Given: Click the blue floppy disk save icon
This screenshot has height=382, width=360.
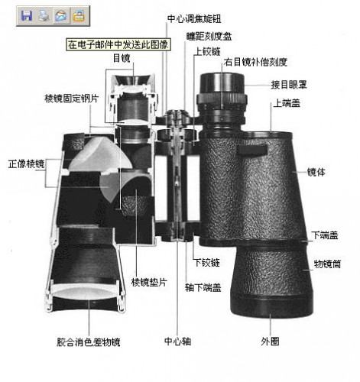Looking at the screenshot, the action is click(x=27, y=15).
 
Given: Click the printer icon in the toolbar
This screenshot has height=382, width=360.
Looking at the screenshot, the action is click(x=44, y=15).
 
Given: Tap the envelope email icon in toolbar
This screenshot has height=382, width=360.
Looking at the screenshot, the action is click(x=61, y=15).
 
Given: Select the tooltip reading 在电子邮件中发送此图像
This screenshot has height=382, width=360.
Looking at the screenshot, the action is click(x=118, y=44).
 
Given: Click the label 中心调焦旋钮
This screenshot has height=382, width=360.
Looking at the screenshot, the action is click(x=194, y=19).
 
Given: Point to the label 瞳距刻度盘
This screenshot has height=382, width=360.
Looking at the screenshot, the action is click(x=209, y=36).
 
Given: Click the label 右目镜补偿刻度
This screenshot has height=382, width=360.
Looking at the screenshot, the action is click(x=255, y=62).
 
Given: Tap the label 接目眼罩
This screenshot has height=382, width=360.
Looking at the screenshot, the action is click(x=289, y=85).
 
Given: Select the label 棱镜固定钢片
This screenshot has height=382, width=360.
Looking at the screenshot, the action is click(x=72, y=99).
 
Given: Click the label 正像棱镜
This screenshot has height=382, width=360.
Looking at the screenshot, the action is click(x=27, y=163).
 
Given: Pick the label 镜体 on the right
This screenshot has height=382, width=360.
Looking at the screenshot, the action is click(x=316, y=172).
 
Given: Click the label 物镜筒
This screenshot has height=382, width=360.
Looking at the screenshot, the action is click(x=327, y=264).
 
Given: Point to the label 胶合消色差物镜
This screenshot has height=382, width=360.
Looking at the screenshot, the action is click(x=88, y=342).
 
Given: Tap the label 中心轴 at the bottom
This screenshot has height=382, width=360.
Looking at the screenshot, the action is click(x=177, y=342).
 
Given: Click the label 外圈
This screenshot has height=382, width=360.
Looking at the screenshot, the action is click(x=270, y=342).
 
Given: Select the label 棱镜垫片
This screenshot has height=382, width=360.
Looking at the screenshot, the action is click(x=149, y=282).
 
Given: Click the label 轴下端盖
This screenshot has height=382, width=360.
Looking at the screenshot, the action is click(x=203, y=287).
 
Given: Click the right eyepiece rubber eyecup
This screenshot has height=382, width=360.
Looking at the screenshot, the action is click(x=222, y=83).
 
